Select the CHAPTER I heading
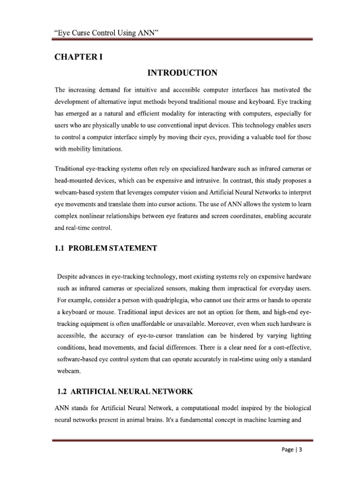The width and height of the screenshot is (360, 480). (x=78, y=57)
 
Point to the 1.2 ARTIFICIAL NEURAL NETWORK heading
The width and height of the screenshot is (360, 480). (x=124, y=391)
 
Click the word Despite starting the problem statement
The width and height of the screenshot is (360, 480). (x=68, y=275)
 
